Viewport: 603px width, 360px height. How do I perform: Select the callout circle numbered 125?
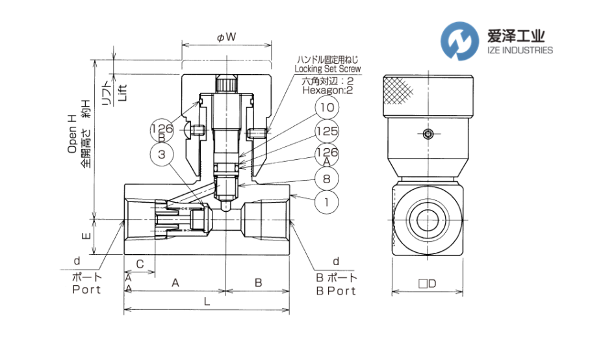(x=327, y=131)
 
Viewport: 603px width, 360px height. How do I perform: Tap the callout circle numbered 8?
(x=327, y=177)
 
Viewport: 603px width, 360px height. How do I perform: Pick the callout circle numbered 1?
(x=327, y=202)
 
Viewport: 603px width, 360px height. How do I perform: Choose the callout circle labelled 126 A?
(x=327, y=155)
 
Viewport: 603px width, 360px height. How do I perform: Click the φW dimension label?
(x=225, y=38)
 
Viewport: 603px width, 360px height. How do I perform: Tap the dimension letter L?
(x=207, y=302)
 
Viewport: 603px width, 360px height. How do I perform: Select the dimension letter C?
(x=140, y=264)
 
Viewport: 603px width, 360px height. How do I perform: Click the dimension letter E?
(x=86, y=237)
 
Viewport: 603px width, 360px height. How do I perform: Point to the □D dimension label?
(x=426, y=283)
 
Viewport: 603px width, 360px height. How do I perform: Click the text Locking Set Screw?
(x=327, y=68)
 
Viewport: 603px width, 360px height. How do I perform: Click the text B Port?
(x=336, y=290)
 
